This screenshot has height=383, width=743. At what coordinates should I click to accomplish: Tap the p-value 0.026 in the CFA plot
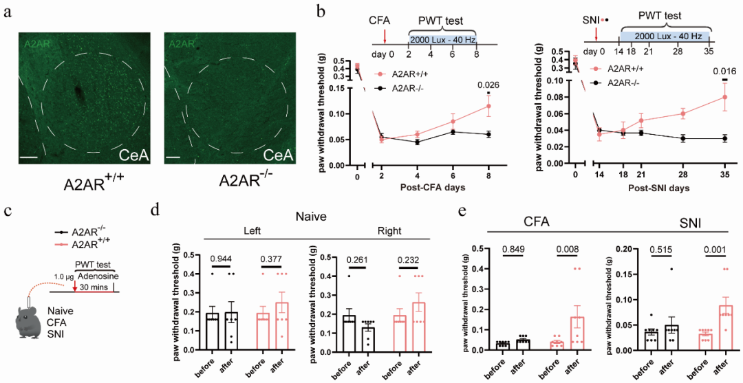tap(488, 85)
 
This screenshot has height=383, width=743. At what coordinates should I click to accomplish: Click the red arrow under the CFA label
tap(385, 34)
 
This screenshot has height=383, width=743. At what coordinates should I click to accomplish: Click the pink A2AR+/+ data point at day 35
tap(724, 97)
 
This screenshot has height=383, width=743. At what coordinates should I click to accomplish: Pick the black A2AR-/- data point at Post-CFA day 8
tap(488, 134)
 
